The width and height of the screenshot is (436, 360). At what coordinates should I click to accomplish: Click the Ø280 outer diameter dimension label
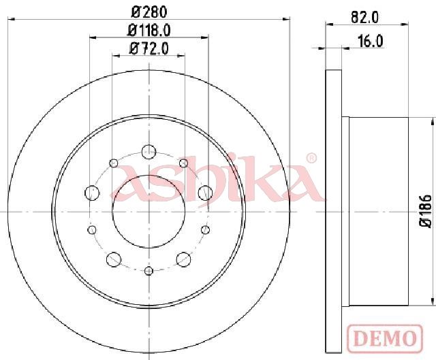pyautogui.click(x=149, y=12)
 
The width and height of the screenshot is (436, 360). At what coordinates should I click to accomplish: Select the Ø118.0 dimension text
pyautogui.click(x=149, y=30)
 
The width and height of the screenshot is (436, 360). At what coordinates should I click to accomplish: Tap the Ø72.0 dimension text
pyautogui.click(x=149, y=49)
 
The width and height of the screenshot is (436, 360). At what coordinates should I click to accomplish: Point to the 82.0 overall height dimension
pyautogui.click(x=365, y=18)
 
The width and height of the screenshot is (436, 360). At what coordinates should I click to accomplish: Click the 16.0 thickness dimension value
pyautogui.click(x=371, y=42)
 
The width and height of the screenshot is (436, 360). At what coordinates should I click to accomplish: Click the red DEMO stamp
pyautogui.click(x=385, y=338)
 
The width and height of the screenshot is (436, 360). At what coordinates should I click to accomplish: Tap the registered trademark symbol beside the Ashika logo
pyautogui.click(x=311, y=159)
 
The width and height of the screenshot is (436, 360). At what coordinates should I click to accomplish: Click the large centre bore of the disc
pyautogui.click(x=149, y=212)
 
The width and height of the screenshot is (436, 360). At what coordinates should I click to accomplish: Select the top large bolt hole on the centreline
pyautogui.click(x=149, y=152)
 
